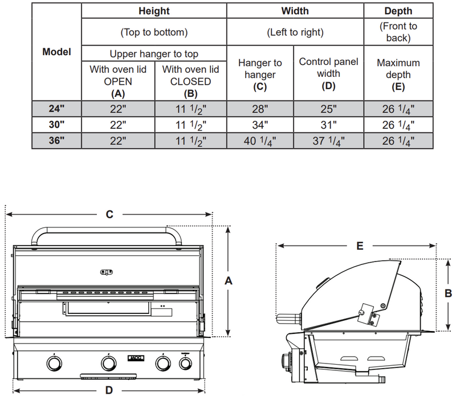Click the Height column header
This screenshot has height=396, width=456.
(154, 11)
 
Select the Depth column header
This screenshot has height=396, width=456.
(398, 11)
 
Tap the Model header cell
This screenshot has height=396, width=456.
(57, 51)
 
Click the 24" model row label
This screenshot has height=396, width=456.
(57, 108)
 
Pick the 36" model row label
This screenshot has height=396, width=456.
(57, 141)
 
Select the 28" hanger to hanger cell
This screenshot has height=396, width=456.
(260, 108)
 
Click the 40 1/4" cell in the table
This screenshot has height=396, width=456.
(260, 141)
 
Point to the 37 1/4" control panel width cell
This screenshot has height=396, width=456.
(328, 141)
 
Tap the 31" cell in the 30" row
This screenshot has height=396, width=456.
(328, 124)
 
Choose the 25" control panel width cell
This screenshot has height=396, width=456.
(328, 108)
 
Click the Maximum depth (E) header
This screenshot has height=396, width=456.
(398, 75)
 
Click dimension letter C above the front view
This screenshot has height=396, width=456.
(109, 215)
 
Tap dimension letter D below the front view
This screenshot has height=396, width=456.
(109, 390)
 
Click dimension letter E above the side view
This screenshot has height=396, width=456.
(359, 246)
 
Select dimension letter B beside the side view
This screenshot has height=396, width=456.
(448, 293)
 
